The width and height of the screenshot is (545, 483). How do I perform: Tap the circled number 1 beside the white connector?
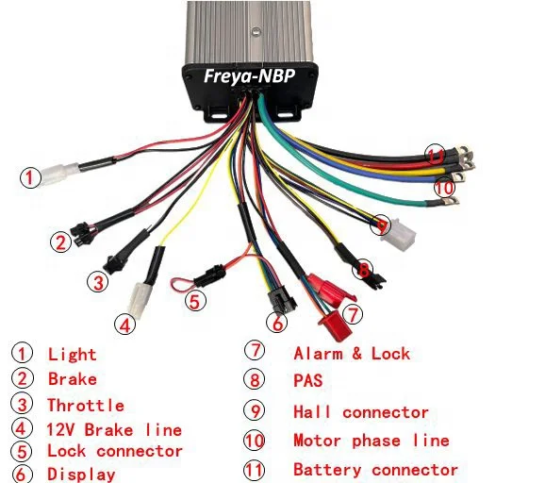click(x=32, y=176)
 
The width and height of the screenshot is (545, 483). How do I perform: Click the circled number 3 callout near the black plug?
click(x=98, y=280)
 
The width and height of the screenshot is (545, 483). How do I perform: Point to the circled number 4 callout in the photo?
click(x=124, y=324)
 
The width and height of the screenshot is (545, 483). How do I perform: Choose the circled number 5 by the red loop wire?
click(x=193, y=302)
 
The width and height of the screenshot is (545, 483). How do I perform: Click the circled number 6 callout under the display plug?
click(x=276, y=323)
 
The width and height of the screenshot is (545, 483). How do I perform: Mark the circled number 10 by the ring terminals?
click(x=443, y=187)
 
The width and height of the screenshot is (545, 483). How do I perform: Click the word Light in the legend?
click(x=73, y=355)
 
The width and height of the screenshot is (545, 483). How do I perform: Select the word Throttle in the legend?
click(x=86, y=406)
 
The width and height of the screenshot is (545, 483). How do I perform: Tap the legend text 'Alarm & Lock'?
click(x=352, y=354)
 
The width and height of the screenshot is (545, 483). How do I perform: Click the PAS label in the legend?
click(x=308, y=381)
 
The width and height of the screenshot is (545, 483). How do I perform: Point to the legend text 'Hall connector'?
click(x=361, y=412)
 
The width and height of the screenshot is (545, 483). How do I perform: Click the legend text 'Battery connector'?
click(x=375, y=469)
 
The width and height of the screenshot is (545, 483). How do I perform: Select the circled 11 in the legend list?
click(x=255, y=469)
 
